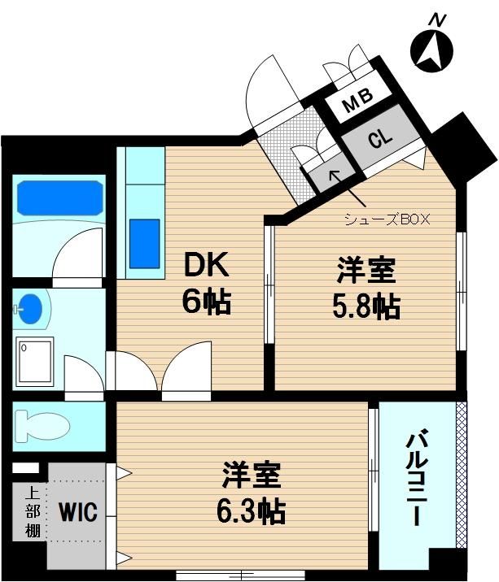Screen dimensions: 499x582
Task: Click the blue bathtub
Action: [60, 198]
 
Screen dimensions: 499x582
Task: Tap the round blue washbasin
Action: [29, 309]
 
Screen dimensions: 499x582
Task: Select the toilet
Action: [42, 426]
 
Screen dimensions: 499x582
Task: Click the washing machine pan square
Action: [34, 360]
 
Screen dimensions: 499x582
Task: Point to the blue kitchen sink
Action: [144, 244]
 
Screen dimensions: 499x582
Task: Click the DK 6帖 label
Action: [207, 283]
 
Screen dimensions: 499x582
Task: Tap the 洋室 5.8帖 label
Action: [366, 289]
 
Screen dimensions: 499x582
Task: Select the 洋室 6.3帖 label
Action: [252, 493]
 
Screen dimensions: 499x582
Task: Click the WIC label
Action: [78, 511]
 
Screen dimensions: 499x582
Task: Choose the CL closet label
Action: [380, 138]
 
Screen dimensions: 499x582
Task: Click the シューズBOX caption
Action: [387, 219]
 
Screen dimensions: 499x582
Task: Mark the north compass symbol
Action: [431, 52]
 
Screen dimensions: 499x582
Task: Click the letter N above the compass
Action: [438, 20]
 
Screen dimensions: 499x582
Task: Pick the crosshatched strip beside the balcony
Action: [461, 475]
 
